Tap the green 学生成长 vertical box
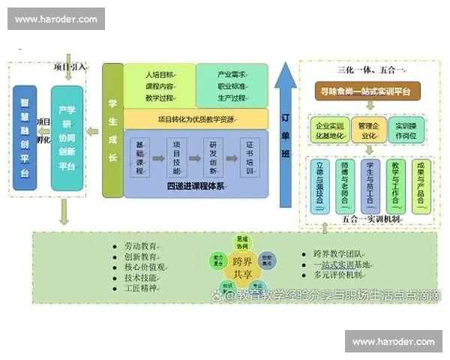[112, 130]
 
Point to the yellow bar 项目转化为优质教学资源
[196, 118]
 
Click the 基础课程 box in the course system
[139, 157]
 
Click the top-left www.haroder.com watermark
[56, 19]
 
